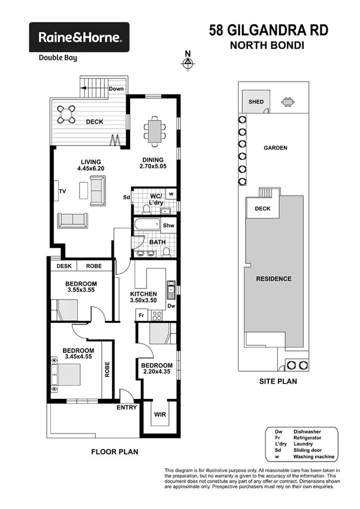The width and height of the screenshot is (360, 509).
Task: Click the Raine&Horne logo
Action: point(80,37)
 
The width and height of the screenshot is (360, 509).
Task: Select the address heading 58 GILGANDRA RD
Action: point(268,30)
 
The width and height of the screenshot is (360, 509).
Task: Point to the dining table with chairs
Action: point(155,130)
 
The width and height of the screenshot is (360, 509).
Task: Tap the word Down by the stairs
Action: point(116,89)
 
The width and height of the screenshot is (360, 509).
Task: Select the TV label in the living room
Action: point(62,192)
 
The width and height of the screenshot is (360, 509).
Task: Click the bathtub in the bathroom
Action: point(147,226)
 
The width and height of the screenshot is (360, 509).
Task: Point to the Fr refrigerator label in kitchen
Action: point(141,315)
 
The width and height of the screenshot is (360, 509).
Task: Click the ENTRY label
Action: point(126,408)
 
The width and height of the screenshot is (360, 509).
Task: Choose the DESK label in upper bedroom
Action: point(63,266)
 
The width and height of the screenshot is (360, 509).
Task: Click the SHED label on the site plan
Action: point(256,102)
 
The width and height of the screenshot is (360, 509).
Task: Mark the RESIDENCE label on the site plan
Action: point(274,278)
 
